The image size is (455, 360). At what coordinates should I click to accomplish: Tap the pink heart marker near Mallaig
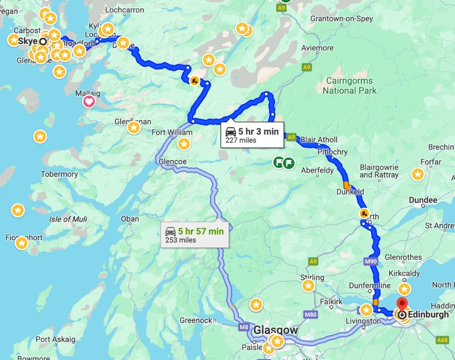89,101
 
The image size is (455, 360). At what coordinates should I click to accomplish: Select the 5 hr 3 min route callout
252,135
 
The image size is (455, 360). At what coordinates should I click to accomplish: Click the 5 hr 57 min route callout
194,235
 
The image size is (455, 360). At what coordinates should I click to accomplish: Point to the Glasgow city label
276,330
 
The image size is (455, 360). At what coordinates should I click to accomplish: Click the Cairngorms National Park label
350,86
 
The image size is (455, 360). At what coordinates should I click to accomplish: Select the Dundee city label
423,200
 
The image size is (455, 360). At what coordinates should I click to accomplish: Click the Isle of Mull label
68,219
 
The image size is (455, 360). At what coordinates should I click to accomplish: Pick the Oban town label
130,219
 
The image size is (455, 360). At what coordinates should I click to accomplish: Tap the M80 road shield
311,315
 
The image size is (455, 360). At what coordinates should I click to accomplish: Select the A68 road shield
442,340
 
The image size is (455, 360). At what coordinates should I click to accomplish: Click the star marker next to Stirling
308,285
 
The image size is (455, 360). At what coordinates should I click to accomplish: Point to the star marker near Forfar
418,174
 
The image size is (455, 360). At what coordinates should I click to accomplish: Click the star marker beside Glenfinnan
133,127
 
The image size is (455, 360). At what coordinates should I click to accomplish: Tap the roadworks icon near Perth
364,213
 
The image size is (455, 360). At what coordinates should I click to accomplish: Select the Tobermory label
59,174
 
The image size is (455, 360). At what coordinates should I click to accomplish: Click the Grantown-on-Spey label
342,19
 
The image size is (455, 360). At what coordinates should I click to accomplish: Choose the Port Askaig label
55,340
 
